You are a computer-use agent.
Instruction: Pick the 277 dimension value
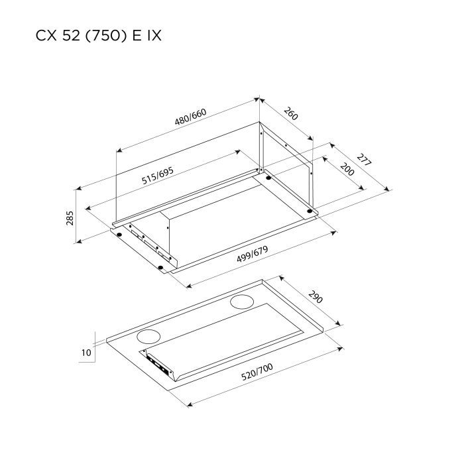tap(363, 163)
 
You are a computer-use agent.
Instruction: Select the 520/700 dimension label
tap(257, 375)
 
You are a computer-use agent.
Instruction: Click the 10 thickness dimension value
tap(86, 353)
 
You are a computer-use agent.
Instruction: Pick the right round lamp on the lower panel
tap(240, 304)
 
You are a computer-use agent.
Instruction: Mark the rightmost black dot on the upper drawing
tap(310, 212)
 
